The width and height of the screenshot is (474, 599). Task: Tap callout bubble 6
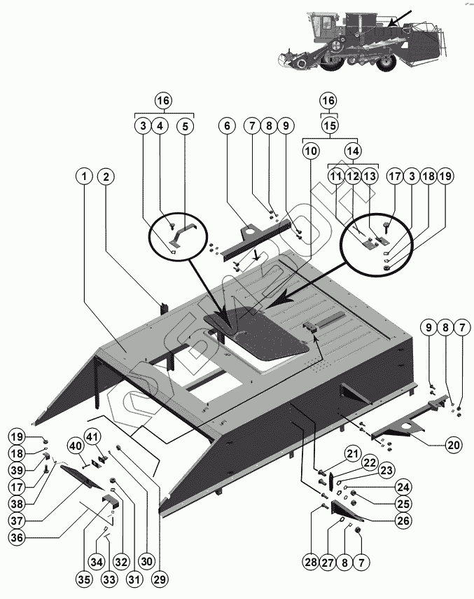click(225, 126)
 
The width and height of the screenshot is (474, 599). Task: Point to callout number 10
click(311, 150)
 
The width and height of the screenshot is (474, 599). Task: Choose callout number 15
click(329, 125)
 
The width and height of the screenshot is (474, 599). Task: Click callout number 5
click(185, 126)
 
